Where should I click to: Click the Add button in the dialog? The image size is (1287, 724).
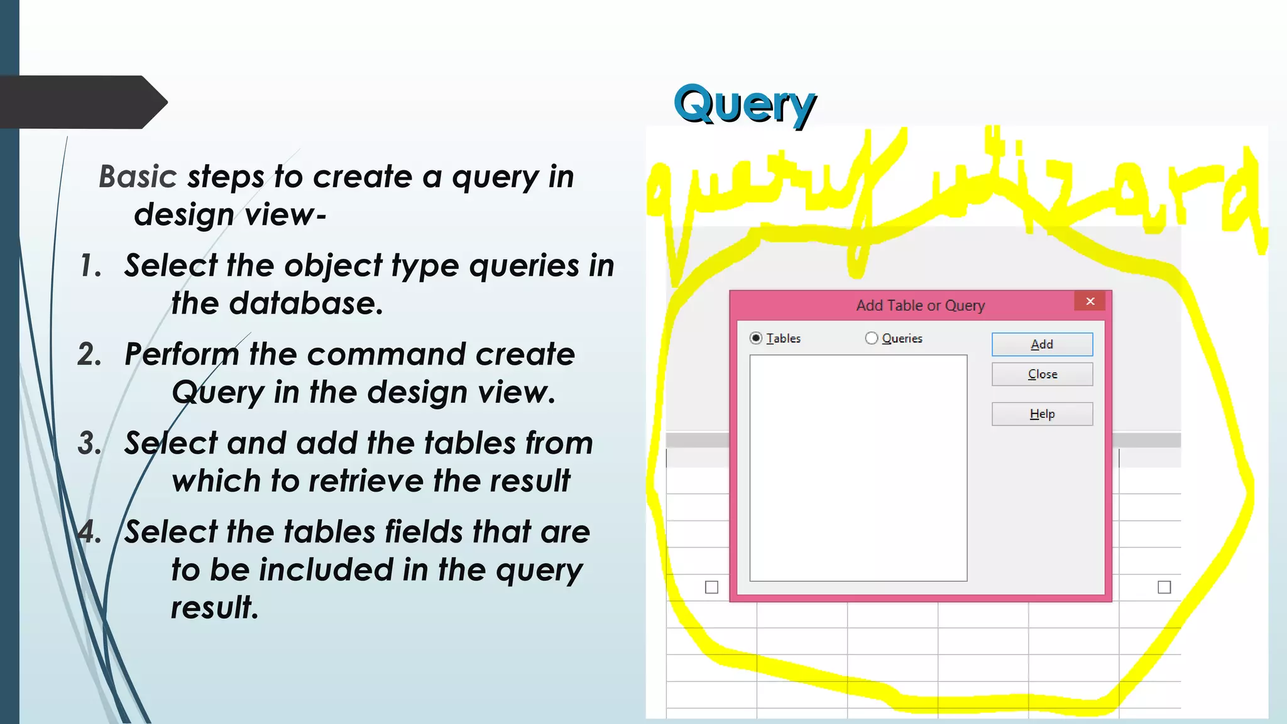tap(1042, 344)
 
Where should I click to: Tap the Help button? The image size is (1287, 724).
tap(1042, 414)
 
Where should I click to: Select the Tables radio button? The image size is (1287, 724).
tap(756, 338)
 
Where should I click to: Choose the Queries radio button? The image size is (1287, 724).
tap(872, 338)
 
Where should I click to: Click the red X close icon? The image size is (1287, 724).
tap(1090, 302)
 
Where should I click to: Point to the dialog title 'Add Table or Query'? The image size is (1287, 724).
tap(920, 305)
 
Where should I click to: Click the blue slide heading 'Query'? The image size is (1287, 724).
tap(745, 104)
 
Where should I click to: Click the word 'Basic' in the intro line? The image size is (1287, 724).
tap(138, 177)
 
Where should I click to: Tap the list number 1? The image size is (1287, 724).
tap(90, 266)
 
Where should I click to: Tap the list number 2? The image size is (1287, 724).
tap(90, 354)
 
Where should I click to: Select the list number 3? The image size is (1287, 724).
tap(90, 443)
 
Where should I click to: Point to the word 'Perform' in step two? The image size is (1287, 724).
tap(182, 354)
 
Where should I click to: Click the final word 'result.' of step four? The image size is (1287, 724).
tap(214, 608)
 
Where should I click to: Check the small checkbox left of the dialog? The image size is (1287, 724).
tap(711, 587)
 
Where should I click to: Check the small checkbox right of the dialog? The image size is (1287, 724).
tap(1164, 587)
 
